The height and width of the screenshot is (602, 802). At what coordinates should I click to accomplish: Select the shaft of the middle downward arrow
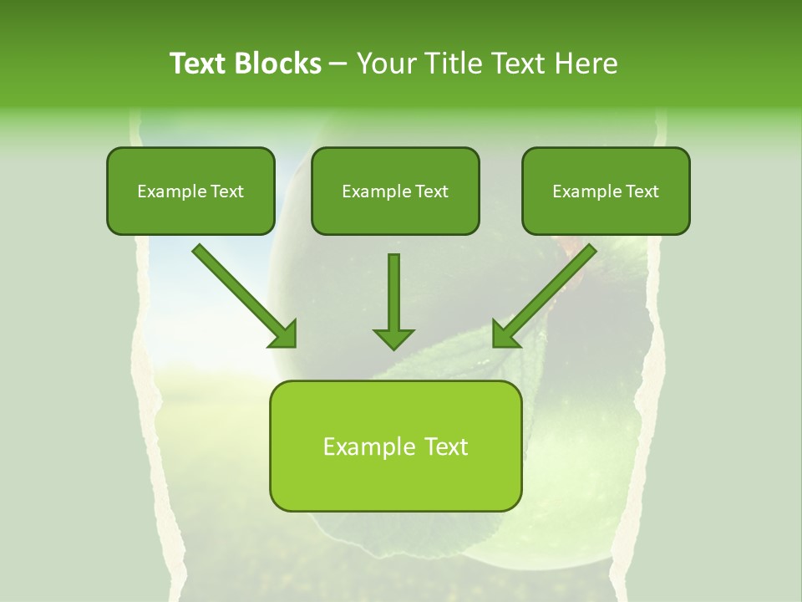pyautogui.click(x=393, y=288)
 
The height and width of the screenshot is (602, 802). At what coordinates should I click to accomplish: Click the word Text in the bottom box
pyautogui.click(x=446, y=446)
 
